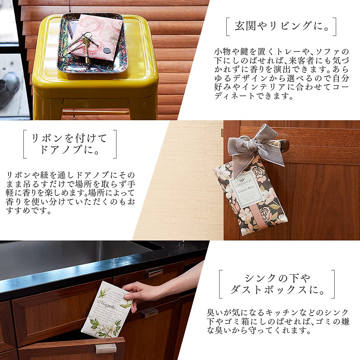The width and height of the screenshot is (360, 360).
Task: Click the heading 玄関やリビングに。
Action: click(x=281, y=26)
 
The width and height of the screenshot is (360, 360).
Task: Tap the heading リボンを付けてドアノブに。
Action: click(x=70, y=144)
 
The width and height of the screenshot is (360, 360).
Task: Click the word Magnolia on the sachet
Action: click(x=104, y=305)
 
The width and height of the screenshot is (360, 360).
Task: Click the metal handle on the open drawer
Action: click(x=105, y=348)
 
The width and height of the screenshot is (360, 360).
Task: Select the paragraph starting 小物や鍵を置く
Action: click(x=281, y=74)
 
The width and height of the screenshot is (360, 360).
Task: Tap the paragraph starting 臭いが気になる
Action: click(x=278, y=321)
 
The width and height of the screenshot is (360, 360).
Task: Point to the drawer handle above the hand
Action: click(x=154, y=273)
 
